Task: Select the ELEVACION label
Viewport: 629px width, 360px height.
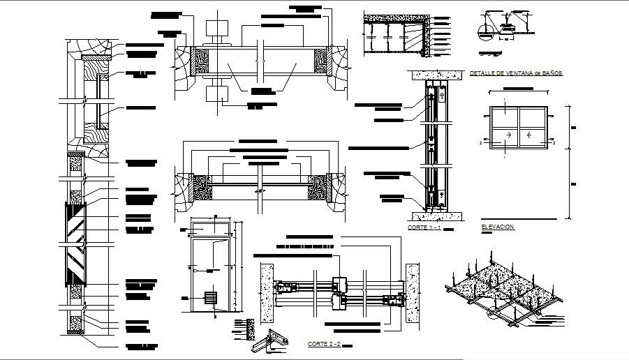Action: pyautogui.click(x=498, y=227)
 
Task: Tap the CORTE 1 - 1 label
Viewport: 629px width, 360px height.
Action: pyautogui.click(x=424, y=228)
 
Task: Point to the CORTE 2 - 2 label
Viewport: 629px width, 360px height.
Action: pyautogui.click(x=325, y=344)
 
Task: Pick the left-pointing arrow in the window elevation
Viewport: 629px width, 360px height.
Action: pyautogui.click(x=531, y=135)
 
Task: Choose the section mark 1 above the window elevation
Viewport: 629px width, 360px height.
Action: pyautogui.click(x=504, y=100)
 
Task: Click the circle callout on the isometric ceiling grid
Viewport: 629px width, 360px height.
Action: pyautogui.click(x=494, y=315)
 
